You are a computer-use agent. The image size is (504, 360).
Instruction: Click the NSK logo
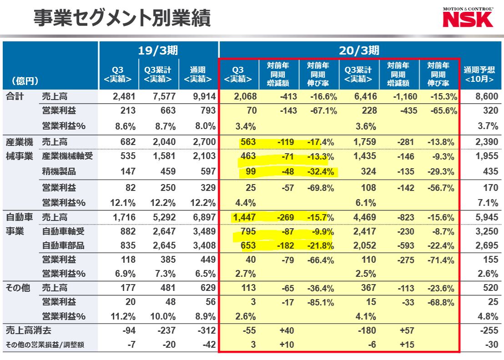click(x=468, y=19)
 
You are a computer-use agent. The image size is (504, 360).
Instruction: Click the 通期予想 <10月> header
click(x=479, y=75)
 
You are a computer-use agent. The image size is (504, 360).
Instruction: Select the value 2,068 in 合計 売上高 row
click(x=245, y=96)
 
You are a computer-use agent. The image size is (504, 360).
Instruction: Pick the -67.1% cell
click(x=323, y=111)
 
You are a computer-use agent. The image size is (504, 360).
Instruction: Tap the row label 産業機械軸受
click(x=67, y=156)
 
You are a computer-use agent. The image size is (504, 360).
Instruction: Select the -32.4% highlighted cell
click(x=323, y=171)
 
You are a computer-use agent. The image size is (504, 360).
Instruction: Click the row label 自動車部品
click(x=63, y=245)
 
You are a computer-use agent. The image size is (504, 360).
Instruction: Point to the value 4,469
click(x=364, y=217)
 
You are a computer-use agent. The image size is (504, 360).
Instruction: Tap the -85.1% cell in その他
click(x=323, y=302)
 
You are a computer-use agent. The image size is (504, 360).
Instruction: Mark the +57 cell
click(x=405, y=331)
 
